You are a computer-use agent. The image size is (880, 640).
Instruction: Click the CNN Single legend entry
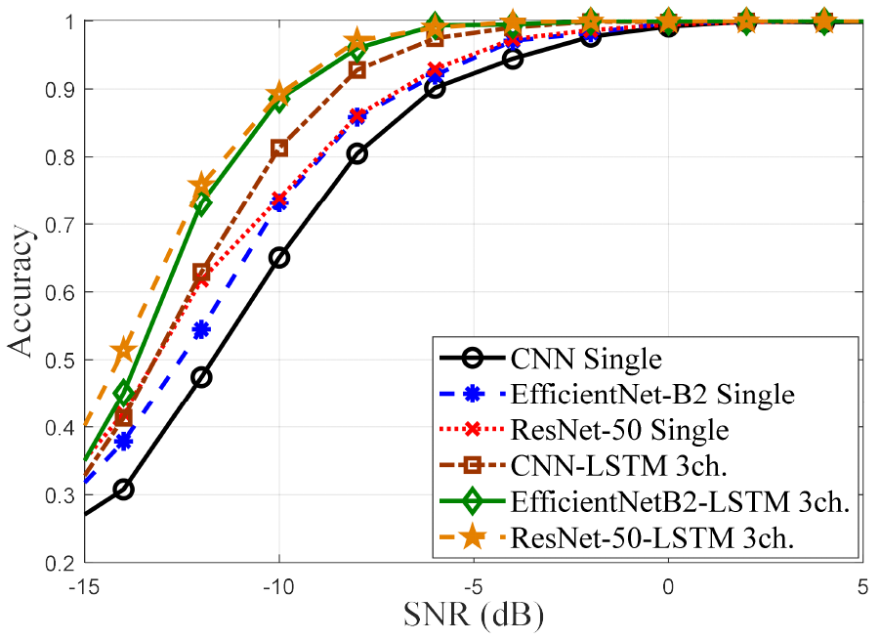[x=586, y=359]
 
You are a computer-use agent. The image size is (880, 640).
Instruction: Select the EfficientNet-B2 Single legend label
[x=651, y=395]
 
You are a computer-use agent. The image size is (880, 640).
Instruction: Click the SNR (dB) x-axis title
[x=474, y=616]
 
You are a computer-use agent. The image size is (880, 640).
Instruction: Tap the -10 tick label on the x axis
[x=278, y=587]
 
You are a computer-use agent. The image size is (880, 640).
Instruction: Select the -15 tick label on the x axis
[x=85, y=587]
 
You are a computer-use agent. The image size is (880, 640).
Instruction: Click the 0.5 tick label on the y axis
[x=61, y=360]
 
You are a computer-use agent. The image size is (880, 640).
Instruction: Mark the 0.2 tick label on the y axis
[x=61, y=563]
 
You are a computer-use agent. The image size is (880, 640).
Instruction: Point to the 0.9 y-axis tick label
[x=61, y=89]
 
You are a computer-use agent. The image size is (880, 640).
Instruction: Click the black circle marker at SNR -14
[x=123, y=490]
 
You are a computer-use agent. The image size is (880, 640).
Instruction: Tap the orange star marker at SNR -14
[x=123, y=350]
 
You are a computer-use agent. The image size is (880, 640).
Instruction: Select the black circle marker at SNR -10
[x=279, y=258]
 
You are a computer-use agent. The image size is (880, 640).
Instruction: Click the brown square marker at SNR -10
[x=279, y=149]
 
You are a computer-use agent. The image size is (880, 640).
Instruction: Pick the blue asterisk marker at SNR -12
[x=201, y=329]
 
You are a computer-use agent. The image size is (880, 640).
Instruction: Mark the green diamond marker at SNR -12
[x=201, y=205]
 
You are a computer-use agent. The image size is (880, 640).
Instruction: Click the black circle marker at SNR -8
[x=357, y=153]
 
